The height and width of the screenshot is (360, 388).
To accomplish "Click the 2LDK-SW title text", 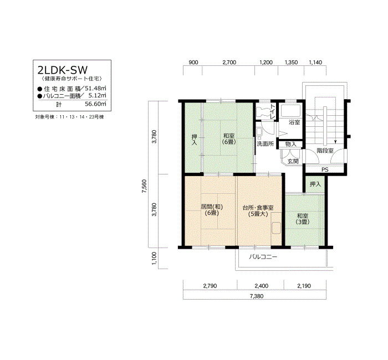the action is (62, 70).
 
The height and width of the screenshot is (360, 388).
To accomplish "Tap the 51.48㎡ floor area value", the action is (95, 88).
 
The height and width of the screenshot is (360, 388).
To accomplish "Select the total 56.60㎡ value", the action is (95, 104).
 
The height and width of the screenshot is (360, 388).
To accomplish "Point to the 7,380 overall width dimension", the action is (257, 296).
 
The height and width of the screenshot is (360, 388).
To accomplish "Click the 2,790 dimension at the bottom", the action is (210, 286).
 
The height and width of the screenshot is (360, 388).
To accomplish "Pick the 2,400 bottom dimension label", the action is (261, 286).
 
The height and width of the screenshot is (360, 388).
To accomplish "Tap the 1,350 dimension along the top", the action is (291, 62).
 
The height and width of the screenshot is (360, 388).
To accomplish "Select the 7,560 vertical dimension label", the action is (145, 187).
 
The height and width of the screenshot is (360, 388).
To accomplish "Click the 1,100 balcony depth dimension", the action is (155, 259).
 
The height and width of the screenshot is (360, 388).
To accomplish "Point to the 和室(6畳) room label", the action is (229, 138).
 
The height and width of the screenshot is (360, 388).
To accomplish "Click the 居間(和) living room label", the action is (212, 206).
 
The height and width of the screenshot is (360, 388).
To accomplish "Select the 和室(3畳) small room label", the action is (303, 219).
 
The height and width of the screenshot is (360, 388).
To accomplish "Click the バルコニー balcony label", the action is (263, 257).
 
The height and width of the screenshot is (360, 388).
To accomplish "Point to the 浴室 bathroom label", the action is (294, 122).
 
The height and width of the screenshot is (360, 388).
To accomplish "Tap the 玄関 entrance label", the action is (293, 162).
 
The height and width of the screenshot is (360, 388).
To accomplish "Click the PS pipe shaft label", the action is (325, 170).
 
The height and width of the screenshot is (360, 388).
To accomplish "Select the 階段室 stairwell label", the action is (325, 150).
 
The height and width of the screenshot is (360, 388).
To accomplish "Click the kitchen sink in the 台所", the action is (276, 228).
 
